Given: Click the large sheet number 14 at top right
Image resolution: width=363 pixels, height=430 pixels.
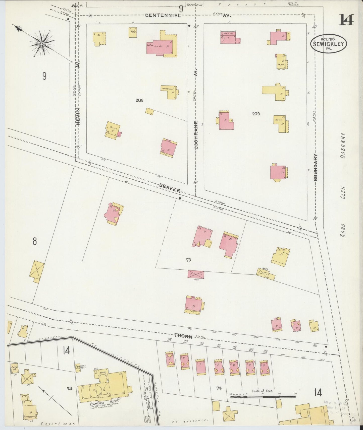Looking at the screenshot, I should click(x=347, y=20).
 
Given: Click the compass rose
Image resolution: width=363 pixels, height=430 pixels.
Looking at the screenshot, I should click(x=42, y=43).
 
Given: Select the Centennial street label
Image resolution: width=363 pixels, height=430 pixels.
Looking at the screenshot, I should click(x=163, y=16).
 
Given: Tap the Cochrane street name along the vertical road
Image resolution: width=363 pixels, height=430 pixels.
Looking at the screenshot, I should click(x=196, y=135).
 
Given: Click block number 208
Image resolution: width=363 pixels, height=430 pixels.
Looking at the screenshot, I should click(x=139, y=100).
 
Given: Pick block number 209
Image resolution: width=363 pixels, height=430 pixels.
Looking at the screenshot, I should click(x=256, y=114).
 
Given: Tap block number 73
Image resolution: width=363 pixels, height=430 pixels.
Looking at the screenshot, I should click(x=188, y=260).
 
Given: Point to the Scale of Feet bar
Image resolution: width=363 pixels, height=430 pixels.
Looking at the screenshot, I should click(x=263, y=397).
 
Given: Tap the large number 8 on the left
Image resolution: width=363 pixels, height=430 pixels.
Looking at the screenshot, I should click(x=35, y=241).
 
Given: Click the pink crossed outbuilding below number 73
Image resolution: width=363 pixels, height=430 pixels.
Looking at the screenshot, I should click(x=196, y=274).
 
